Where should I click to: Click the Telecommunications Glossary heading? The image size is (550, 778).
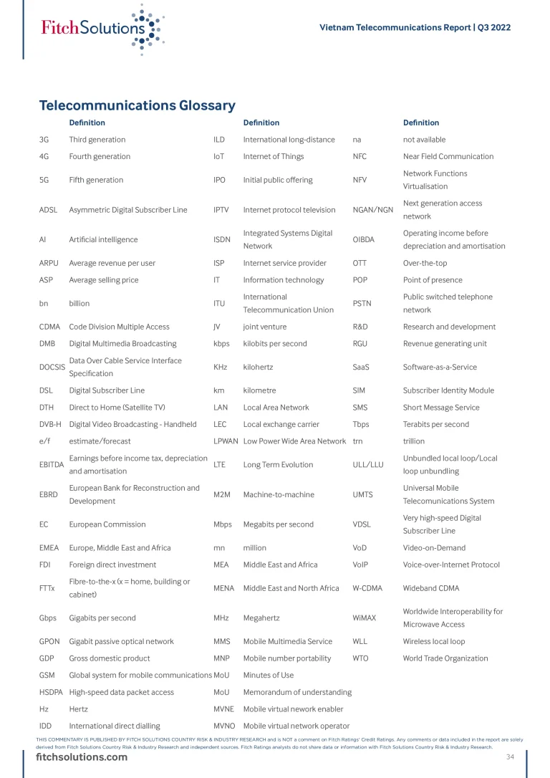(137, 106)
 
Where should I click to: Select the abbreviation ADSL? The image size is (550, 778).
(49, 210)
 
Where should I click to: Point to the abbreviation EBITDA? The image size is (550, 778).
(52, 465)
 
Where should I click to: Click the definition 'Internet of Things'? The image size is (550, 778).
(273, 157)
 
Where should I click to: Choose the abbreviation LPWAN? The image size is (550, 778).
(226, 441)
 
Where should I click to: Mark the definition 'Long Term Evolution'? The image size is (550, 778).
(278, 465)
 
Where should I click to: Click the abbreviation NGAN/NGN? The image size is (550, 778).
(373, 210)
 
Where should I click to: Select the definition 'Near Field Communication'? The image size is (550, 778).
(448, 157)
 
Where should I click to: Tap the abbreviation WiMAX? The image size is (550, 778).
(365, 618)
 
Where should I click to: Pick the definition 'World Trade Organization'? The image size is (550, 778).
(445, 658)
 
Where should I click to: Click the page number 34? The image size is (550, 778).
(510, 757)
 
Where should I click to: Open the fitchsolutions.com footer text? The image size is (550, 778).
(82, 757)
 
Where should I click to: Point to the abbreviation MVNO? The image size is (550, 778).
(225, 726)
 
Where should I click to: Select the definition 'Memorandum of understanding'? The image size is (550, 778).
(297, 693)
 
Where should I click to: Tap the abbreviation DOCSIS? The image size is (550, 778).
(52, 368)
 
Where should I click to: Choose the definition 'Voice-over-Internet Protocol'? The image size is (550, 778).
(450, 565)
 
